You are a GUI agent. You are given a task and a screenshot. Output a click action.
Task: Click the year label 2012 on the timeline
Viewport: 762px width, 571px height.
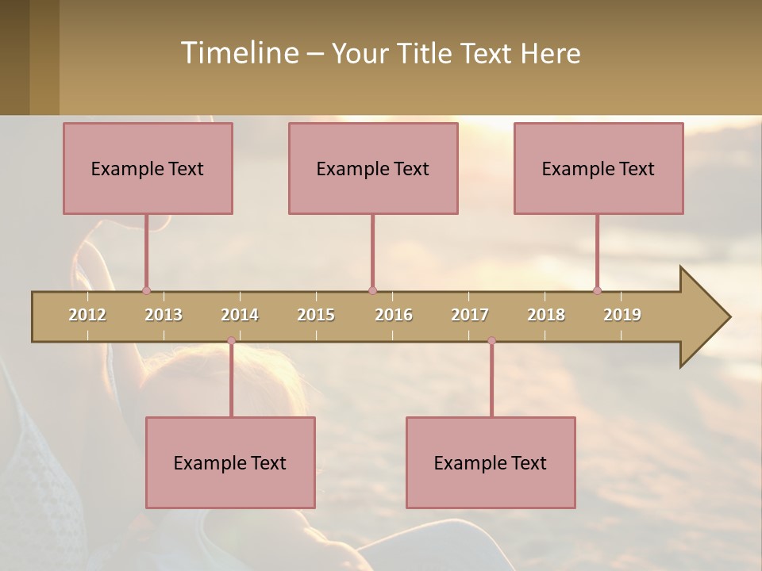[x=87, y=315]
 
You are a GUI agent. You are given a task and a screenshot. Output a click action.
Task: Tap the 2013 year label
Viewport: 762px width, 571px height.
[x=164, y=315]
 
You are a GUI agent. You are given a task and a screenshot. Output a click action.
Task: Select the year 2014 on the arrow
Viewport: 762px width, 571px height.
[x=240, y=315]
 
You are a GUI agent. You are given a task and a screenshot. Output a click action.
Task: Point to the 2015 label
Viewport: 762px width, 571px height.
[x=316, y=315]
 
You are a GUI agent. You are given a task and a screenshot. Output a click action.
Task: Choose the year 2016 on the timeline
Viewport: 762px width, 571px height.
[x=394, y=315]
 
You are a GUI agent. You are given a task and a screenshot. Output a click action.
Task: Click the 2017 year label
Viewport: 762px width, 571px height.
[x=470, y=315]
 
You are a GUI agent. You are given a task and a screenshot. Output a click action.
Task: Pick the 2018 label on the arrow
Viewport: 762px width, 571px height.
[x=546, y=315]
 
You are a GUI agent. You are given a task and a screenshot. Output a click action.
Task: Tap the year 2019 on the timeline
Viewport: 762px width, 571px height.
[x=622, y=315]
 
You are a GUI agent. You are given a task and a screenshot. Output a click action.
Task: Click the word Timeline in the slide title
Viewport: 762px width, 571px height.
[x=238, y=53]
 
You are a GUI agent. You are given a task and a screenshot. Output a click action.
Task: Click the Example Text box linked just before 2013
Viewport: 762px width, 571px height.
[x=148, y=168]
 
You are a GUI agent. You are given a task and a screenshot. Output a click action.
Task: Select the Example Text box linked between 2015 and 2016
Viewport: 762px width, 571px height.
[x=373, y=168]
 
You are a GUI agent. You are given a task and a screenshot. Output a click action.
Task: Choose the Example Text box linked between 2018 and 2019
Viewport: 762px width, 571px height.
[x=598, y=168]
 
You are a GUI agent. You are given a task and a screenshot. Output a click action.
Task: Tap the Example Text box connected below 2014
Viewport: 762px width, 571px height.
[x=230, y=462]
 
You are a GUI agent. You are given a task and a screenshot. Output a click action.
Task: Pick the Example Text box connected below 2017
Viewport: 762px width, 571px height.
[x=491, y=462]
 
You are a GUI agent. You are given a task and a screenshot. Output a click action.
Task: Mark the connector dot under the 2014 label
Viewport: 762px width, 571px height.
[x=231, y=341]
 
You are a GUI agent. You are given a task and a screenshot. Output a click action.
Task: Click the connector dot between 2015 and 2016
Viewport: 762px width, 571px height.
[x=372, y=290]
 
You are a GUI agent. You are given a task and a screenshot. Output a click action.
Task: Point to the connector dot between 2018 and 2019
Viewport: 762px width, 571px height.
[x=597, y=290]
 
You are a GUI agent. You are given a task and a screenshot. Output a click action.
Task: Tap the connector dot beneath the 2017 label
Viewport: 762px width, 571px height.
[x=491, y=341]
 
